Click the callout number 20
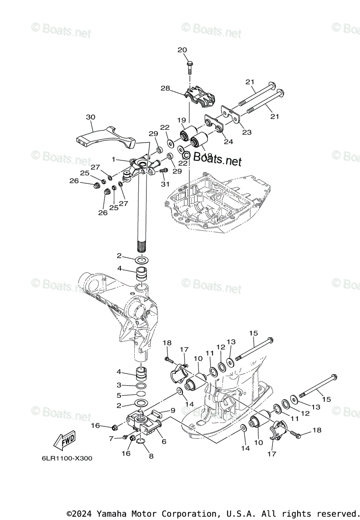pyautogui.click(x=182, y=50)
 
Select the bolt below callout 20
pyautogui.click(x=190, y=67)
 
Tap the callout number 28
pyautogui.click(x=165, y=88)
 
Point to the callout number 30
pyautogui.click(x=91, y=117)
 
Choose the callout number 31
pyautogui.click(x=164, y=185)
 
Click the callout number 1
pyautogui.click(x=114, y=159)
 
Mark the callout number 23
pyautogui.click(x=246, y=133)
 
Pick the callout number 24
pyautogui.click(x=228, y=141)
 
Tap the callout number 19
pyautogui.click(x=181, y=120)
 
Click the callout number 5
pyautogui.click(x=119, y=395)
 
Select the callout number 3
pyautogui.click(x=119, y=385)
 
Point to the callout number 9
pyautogui.click(x=172, y=410)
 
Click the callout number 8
pyautogui.click(x=151, y=456)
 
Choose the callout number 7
pyautogui.click(x=112, y=439)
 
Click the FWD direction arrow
pyautogui.click(x=63, y=441)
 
